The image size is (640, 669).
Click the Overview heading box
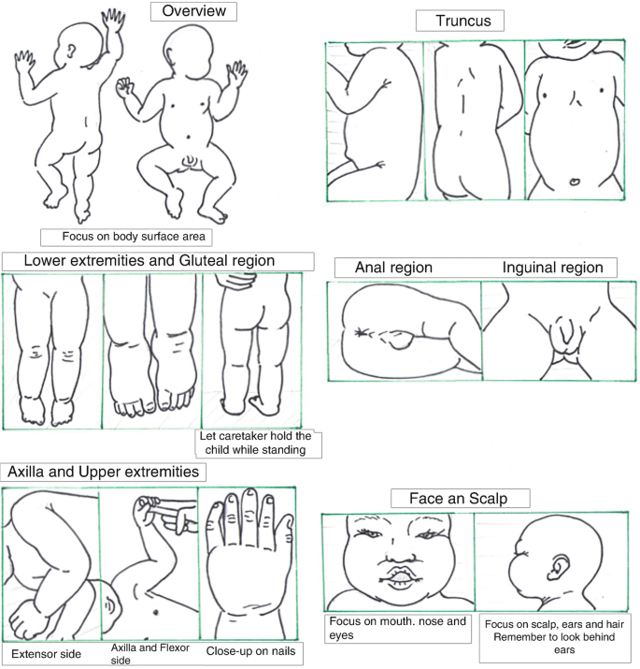(x=193, y=11)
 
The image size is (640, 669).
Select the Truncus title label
(x=463, y=21)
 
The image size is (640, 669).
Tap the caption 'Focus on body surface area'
(x=134, y=237)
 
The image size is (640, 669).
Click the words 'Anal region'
(x=393, y=268)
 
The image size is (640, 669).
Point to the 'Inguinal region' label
(x=553, y=268)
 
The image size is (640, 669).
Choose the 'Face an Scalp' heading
(x=459, y=498)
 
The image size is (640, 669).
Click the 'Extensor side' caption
(x=46, y=654)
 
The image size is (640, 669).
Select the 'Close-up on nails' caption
(x=250, y=651)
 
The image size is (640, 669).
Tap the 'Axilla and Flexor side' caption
(x=150, y=654)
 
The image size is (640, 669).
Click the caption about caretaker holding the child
(x=255, y=443)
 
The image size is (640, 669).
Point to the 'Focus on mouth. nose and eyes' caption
(x=398, y=628)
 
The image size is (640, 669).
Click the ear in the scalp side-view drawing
(x=557, y=567)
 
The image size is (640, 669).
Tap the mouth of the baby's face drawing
(x=400, y=577)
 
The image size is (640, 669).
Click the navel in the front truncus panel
(x=575, y=182)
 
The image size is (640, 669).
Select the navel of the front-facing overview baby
(x=189, y=138)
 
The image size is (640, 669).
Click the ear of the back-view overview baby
(x=71, y=51)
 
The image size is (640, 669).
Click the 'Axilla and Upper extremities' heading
(x=103, y=472)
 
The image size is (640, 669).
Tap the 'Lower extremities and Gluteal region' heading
(x=149, y=261)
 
